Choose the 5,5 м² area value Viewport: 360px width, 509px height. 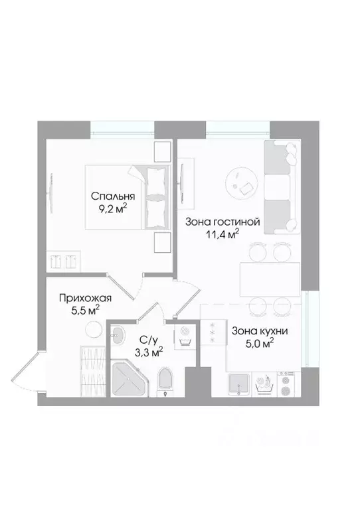click(84, 310)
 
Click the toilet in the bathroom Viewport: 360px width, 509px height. click(166, 381)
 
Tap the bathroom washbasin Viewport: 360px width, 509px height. click(119, 334)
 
